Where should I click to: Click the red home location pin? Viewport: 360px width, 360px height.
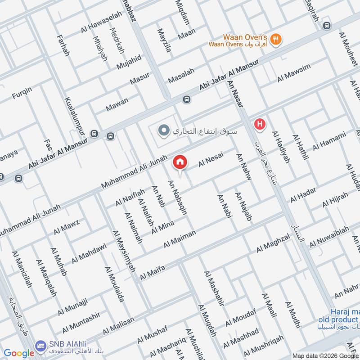(180, 162)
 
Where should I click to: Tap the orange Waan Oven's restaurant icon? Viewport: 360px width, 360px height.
(277, 39)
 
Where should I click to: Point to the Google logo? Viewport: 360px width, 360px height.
(19, 353)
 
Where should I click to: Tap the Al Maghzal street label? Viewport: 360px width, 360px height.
(273, 243)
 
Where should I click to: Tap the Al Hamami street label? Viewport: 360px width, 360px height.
(329, 140)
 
